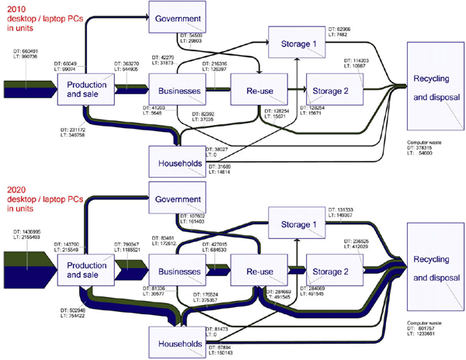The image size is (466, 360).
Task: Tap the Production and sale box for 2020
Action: [x=87, y=272]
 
